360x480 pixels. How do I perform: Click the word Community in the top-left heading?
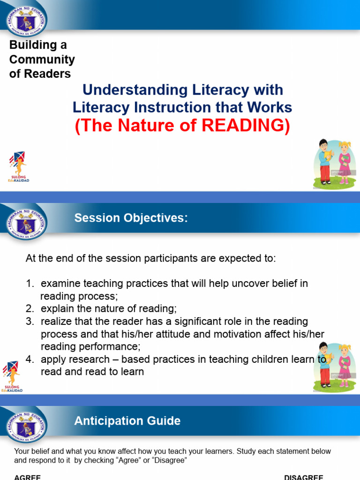[42, 60]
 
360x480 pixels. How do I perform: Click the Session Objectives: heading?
[131, 218]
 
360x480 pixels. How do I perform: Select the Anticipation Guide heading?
[127, 420]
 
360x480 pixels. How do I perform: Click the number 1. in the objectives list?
[30, 284]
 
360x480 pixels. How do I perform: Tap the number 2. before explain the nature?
[30, 309]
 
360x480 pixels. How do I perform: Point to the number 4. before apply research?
[30, 360]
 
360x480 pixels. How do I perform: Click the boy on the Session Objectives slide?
[324, 364]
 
